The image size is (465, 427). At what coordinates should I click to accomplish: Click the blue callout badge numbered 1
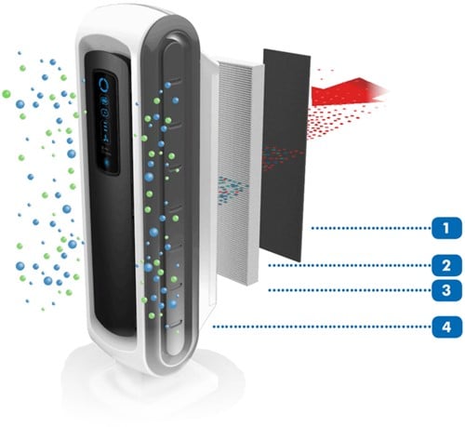[x=446, y=228]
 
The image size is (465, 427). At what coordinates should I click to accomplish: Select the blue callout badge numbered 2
[x=446, y=265]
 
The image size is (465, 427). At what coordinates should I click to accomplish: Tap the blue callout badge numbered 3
[x=446, y=290]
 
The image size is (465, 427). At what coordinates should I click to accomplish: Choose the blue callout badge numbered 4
[x=446, y=327]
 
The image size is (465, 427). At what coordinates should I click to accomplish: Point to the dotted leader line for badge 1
[x=371, y=228]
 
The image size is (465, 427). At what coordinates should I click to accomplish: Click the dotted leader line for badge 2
[x=350, y=265]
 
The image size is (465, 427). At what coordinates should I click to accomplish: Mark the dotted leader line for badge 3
[x=350, y=290]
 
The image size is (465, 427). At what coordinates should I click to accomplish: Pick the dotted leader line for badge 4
[x=322, y=327]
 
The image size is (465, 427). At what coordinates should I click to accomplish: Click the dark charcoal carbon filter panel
[x=286, y=155]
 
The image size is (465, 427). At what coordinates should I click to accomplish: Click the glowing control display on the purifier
[x=106, y=122]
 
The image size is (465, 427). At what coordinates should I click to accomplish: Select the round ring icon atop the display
[x=103, y=84]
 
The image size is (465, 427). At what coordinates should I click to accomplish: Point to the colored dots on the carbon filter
[x=281, y=157]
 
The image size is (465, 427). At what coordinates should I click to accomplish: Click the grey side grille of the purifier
[x=170, y=198]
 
